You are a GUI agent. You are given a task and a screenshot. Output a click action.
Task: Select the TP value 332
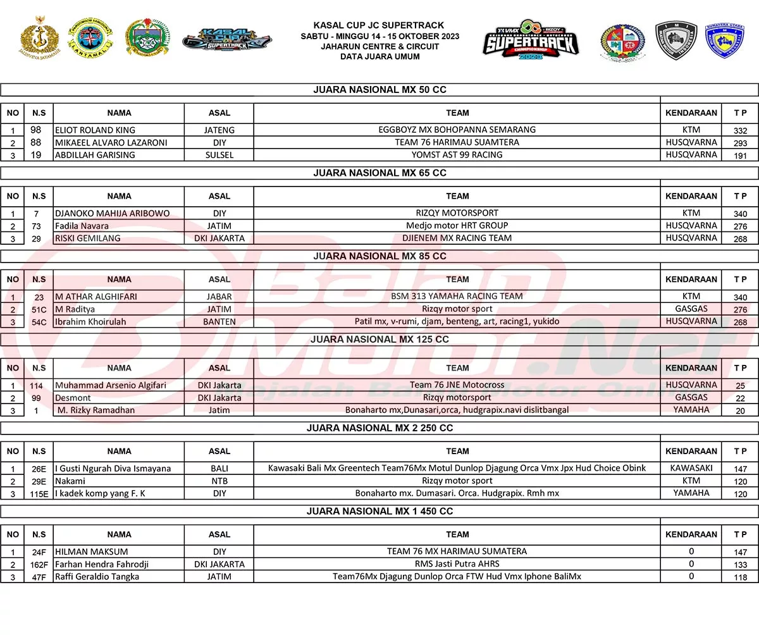click(740, 130)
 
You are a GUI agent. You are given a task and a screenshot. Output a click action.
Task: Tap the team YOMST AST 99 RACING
click(457, 154)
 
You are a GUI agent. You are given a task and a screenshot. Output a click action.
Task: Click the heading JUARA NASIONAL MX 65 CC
click(379, 173)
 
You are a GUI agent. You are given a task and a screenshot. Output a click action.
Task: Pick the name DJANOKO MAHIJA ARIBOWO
click(112, 213)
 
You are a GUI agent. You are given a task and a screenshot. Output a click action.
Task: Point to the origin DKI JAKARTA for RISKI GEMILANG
click(219, 238)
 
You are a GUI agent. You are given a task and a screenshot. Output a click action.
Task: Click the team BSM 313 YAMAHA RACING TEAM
click(457, 296)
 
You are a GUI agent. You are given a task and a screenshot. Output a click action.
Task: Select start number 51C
click(39, 309)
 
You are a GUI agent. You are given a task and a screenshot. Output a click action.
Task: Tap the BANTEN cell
click(219, 321)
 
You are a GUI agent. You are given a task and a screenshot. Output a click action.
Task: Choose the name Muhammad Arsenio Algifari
click(111, 385)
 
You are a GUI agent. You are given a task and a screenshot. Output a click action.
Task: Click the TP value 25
click(740, 385)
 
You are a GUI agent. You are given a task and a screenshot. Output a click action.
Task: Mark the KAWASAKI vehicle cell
click(691, 468)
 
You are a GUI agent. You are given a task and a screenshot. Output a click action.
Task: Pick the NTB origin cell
click(219, 481)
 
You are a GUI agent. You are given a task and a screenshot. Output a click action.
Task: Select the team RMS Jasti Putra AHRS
click(457, 564)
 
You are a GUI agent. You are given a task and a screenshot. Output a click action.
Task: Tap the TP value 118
click(740, 577)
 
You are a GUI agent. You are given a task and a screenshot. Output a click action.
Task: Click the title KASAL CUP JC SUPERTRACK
click(379, 26)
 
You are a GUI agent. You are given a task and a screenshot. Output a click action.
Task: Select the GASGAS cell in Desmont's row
click(691, 397)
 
